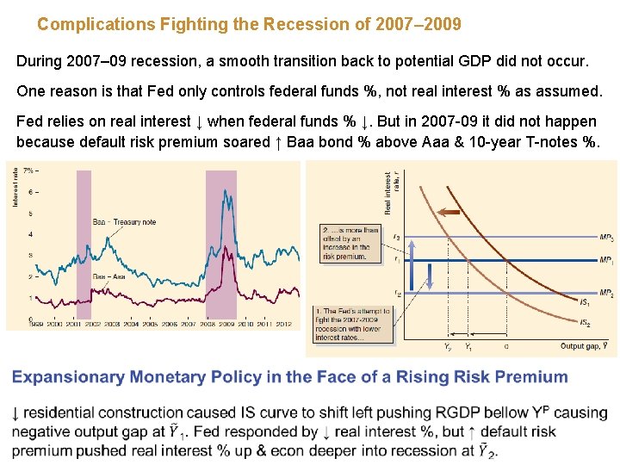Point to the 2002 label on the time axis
click(x=91, y=324)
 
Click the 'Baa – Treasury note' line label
click(x=123, y=222)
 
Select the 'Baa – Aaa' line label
click(x=108, y=276)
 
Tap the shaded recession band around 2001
click(x=84, y=245)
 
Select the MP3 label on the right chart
click(x=606, y=238)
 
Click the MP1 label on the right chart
click(x=606, y=260)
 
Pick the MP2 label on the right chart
click(x=606, y=294)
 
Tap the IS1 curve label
click(x=584, y=302)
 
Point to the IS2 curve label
click(x=584, y=323)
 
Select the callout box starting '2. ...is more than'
click(x=349, y=244)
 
